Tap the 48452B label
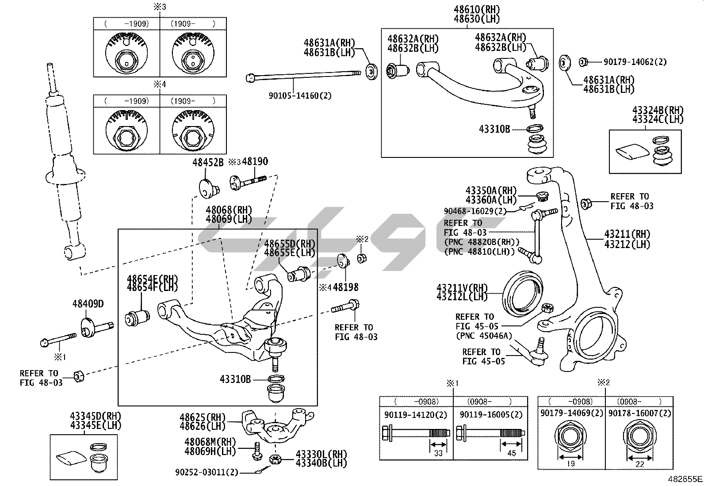208,162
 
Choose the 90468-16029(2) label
475,211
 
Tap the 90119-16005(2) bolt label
491,415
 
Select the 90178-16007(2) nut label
639,413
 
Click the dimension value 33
438,452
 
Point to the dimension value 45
512,452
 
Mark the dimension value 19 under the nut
570,463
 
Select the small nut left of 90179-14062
582,62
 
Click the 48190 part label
255,162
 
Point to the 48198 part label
345,287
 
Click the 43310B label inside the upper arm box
494,129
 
